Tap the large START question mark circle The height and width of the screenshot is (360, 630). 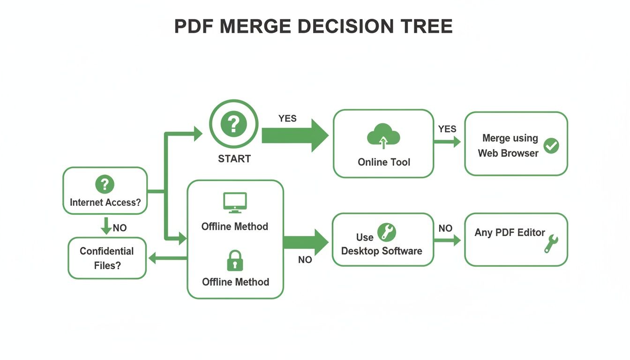[233, 125]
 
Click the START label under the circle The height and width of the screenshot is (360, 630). [234, 159]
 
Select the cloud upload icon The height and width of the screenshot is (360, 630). [383, 136]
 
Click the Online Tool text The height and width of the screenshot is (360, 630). [383, 162]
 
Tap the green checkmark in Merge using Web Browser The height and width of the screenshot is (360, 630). [551, 146]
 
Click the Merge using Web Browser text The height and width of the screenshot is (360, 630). [509, 145]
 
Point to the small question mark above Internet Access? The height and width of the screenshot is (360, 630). [105, 184]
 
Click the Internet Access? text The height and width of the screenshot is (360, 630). [105, 202]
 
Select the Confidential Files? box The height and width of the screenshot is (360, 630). [107, 258]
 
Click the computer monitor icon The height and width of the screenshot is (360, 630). [235, 202]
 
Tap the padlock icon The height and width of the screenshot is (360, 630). [235, 261]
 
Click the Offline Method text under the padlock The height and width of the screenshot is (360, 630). [235, 282]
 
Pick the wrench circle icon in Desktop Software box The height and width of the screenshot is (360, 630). [387, 232]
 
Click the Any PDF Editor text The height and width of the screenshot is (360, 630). [510, 232]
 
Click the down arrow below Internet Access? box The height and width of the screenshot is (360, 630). [106, 225]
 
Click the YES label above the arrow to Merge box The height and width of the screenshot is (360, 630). [447, 129]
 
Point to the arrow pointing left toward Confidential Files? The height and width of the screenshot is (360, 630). [166, 257]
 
